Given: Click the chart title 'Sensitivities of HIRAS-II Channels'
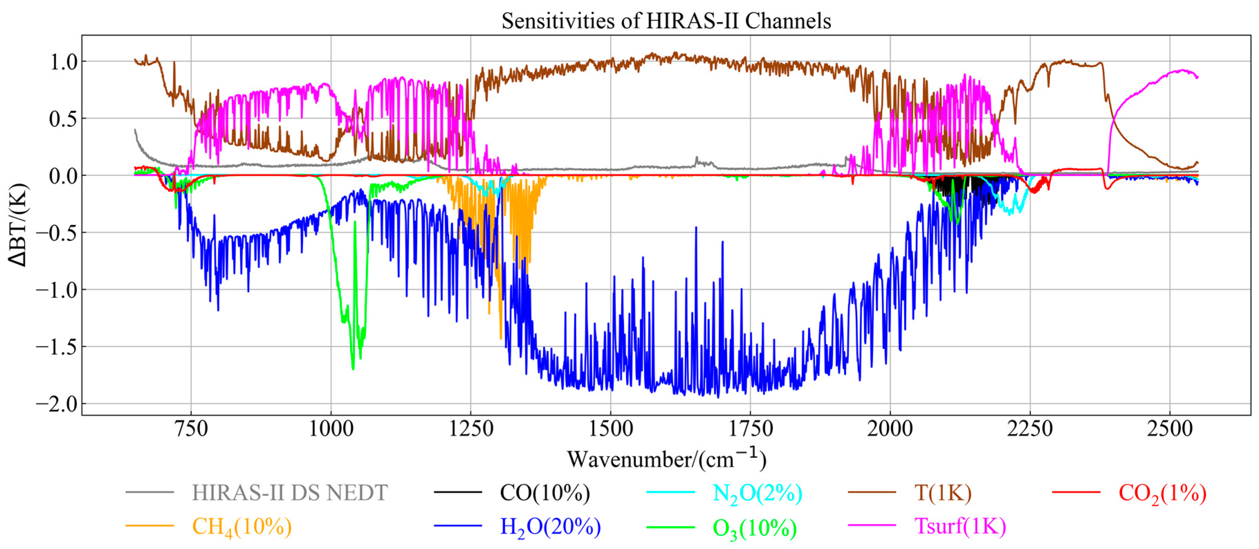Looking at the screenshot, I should click(666, 21).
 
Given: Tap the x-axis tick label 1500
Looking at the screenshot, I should click(610, 429).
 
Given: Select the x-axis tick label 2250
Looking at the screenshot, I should click(1030, 429).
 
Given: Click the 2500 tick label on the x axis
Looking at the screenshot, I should click(1169, 429).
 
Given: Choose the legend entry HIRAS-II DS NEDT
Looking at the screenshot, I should click(290, 493).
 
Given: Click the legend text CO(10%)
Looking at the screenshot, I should click(545, 493).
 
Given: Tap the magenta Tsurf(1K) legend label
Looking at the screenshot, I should click(960, 526).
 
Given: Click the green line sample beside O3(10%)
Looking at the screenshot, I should click(670, 527).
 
